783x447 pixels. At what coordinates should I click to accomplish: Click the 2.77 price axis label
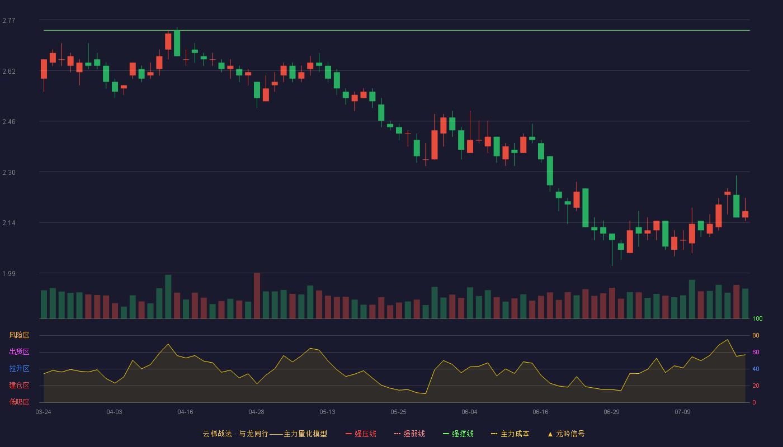9,21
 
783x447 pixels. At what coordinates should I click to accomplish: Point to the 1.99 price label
9,273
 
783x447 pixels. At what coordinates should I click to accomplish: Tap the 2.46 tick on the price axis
9,122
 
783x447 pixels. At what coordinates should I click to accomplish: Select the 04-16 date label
185,412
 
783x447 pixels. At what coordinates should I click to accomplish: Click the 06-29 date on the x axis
611,412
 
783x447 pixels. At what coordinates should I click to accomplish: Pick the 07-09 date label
682,412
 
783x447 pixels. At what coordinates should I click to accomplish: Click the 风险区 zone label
19,335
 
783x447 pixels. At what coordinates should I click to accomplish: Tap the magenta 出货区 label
19,351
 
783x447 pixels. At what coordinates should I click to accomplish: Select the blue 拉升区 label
19,368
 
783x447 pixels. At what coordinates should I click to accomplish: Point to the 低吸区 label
19,402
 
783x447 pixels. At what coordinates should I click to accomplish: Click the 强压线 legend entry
361,434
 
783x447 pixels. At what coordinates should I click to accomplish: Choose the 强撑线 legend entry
458,434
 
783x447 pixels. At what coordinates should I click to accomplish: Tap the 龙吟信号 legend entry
566,434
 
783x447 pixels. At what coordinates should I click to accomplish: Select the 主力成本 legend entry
510,434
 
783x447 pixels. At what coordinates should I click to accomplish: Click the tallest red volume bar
257,296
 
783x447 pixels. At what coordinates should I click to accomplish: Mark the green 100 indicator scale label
757,318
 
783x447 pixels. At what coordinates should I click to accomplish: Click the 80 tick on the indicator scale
756,335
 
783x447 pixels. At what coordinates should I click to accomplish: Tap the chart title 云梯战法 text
218,434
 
